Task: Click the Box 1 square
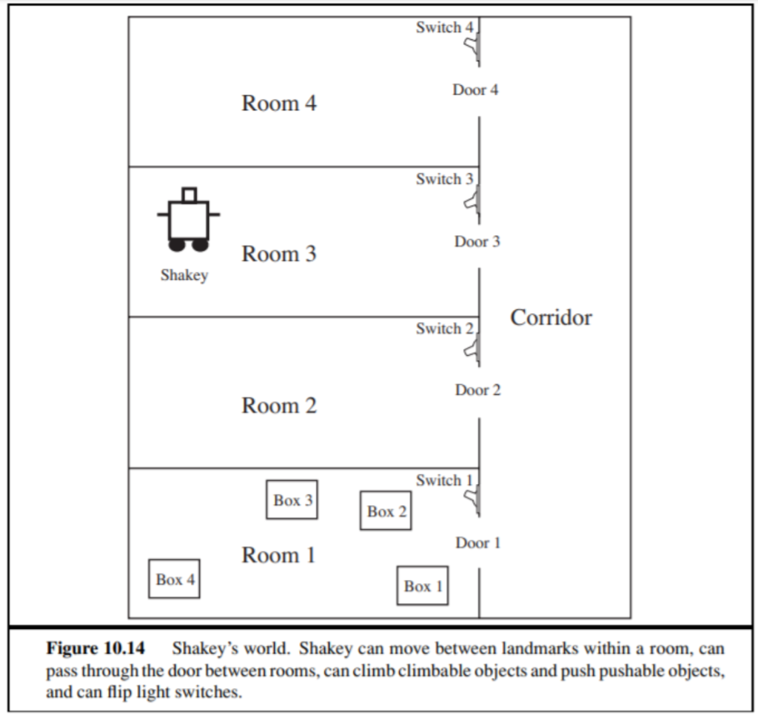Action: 423,585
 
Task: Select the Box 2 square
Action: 386,511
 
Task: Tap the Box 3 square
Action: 292,499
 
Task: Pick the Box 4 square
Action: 175,579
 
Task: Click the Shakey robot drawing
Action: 188,220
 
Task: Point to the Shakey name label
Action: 184,275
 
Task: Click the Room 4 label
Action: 279,103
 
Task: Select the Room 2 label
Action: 279,405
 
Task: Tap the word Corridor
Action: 551,317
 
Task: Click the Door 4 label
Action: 475,90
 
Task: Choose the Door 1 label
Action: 477,542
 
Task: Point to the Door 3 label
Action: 477,241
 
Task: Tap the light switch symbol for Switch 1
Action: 472,501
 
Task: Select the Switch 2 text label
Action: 444,329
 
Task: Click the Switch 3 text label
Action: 444,179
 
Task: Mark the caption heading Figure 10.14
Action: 95,649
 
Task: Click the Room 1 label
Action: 279,555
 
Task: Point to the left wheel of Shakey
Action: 178,244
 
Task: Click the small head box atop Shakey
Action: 189,195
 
